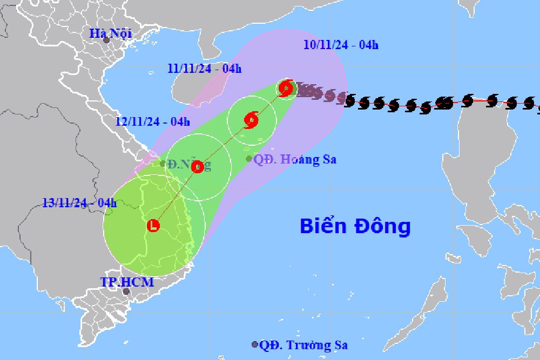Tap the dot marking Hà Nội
[106, 40]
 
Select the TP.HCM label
[127, 282]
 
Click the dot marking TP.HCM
[126, 291]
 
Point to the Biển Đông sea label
[355, 226]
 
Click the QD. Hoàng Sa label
[295, 159]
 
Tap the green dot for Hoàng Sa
[249, 159]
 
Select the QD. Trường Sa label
[303, 345]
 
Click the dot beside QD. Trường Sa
[255, 344]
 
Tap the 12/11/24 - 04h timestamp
[152, 121]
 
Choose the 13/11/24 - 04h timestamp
[79, 203]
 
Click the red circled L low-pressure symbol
[154, 225]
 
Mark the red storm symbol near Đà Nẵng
[197, 167]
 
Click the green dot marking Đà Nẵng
[163, 164]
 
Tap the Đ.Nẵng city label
[189, 164]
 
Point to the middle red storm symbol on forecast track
[251, 120]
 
